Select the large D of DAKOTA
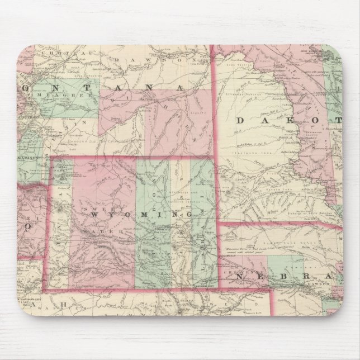point(242,120)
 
